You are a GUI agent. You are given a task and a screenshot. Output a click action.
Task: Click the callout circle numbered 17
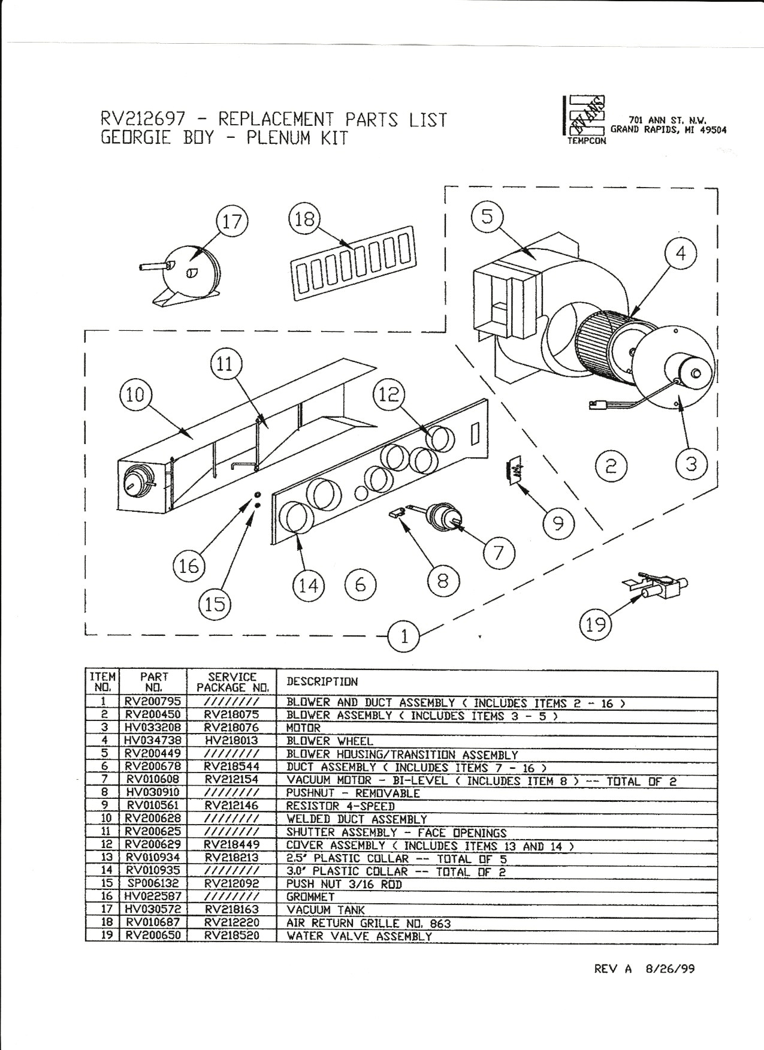232,222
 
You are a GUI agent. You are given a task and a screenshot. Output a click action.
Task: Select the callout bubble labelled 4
680,254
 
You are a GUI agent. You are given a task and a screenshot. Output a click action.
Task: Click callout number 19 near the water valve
596,625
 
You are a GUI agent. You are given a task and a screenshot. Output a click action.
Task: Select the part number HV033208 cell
153,728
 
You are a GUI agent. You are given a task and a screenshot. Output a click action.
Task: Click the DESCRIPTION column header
322,682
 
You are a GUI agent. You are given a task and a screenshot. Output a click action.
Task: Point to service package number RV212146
231,806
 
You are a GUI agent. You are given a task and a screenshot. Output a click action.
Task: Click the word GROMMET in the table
310,897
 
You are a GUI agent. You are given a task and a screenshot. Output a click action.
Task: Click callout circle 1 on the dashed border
404,637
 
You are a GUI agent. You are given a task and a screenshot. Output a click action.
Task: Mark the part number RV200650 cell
153,936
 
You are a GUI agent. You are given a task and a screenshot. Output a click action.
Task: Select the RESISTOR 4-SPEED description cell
340,806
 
